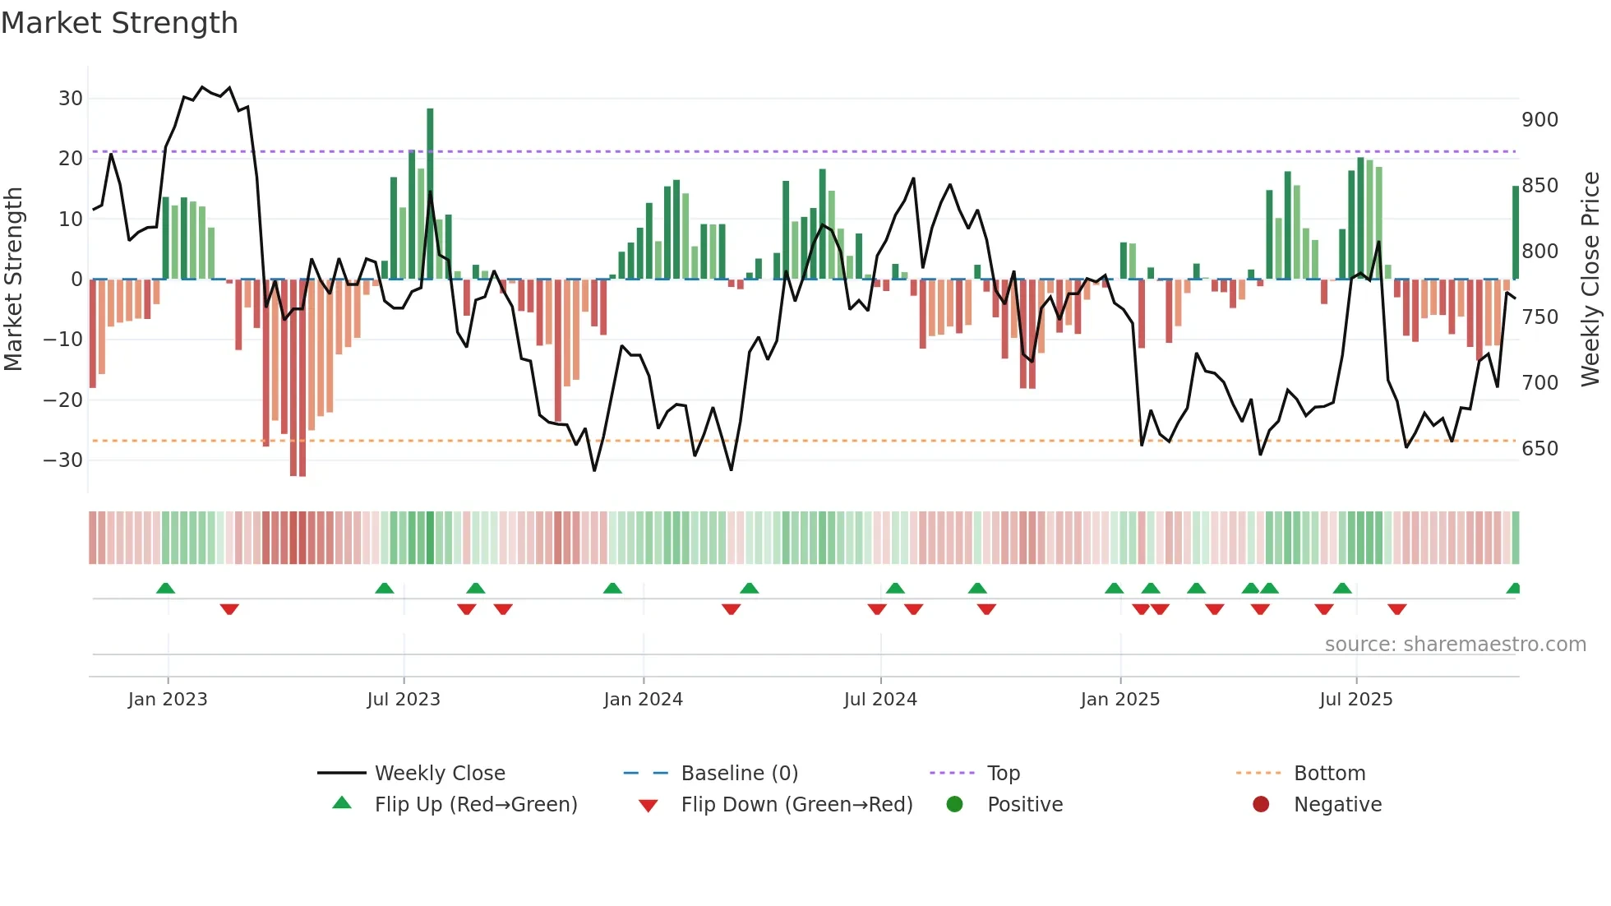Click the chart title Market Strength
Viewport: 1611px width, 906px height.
click(x=119, y=23)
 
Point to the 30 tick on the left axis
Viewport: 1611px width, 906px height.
click(x=71, y=99)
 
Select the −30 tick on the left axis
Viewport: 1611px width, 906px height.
click(x=64, y=460)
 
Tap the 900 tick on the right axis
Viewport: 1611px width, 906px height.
click(x=1539, y=120)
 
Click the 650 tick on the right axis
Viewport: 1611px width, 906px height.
click(x=1539, y=449)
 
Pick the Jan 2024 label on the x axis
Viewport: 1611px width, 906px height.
click(x=643, y=700)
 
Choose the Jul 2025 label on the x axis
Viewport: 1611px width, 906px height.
click(x=1355, y=700)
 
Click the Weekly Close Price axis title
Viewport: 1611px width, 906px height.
click(x=1590, y=280)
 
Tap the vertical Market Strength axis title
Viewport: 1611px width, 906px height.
click(x=14, y=280)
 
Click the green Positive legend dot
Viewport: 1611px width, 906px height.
click(x=954, y=804)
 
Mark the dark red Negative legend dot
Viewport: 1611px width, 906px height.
click(x=1261, y=804)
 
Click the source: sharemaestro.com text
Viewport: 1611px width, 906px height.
click(x=1455, y=645)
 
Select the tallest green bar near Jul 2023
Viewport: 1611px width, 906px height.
click(x=430, y=193)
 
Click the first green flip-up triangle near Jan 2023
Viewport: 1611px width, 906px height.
click(x=165, y=589)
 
